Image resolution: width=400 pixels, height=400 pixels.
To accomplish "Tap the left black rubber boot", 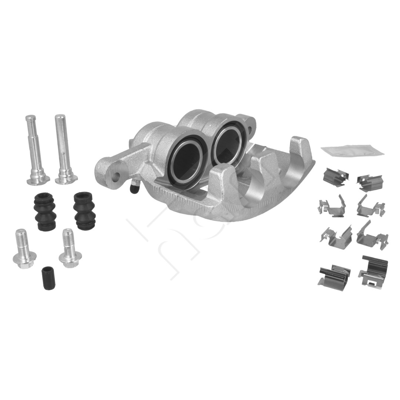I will coord(45,211).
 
